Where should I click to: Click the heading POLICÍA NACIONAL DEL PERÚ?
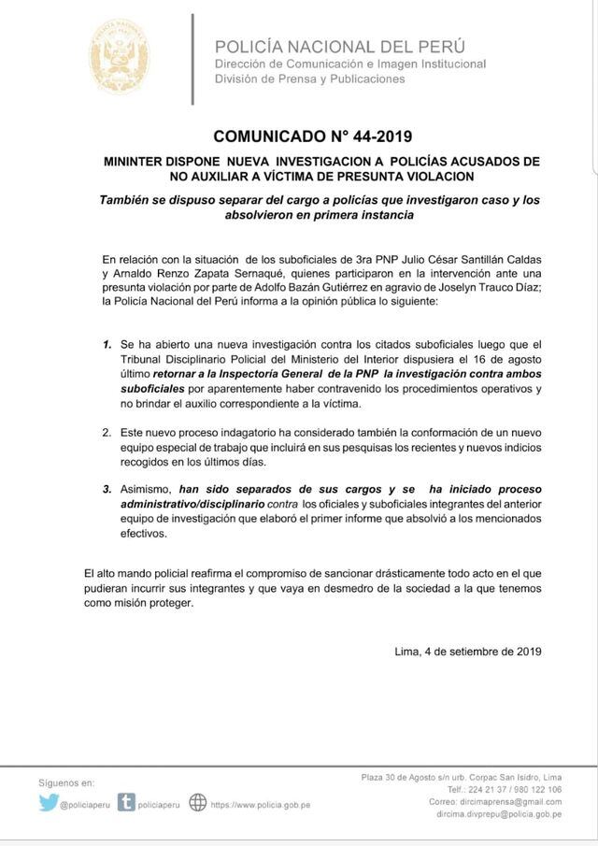point(339,46)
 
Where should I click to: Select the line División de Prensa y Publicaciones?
point(309,79)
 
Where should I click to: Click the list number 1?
point(107,345)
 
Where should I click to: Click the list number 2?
point(107,433)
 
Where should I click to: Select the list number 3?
point(107,489)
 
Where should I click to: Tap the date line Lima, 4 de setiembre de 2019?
point(470,652)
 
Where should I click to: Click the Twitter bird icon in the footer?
point(49,802)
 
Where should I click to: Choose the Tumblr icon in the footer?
point(126,802)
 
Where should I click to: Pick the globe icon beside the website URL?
point(197,802)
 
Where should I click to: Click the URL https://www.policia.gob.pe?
point(261,803)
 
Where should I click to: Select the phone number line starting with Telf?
point(505,789)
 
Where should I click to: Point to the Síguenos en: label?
point(66,781)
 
